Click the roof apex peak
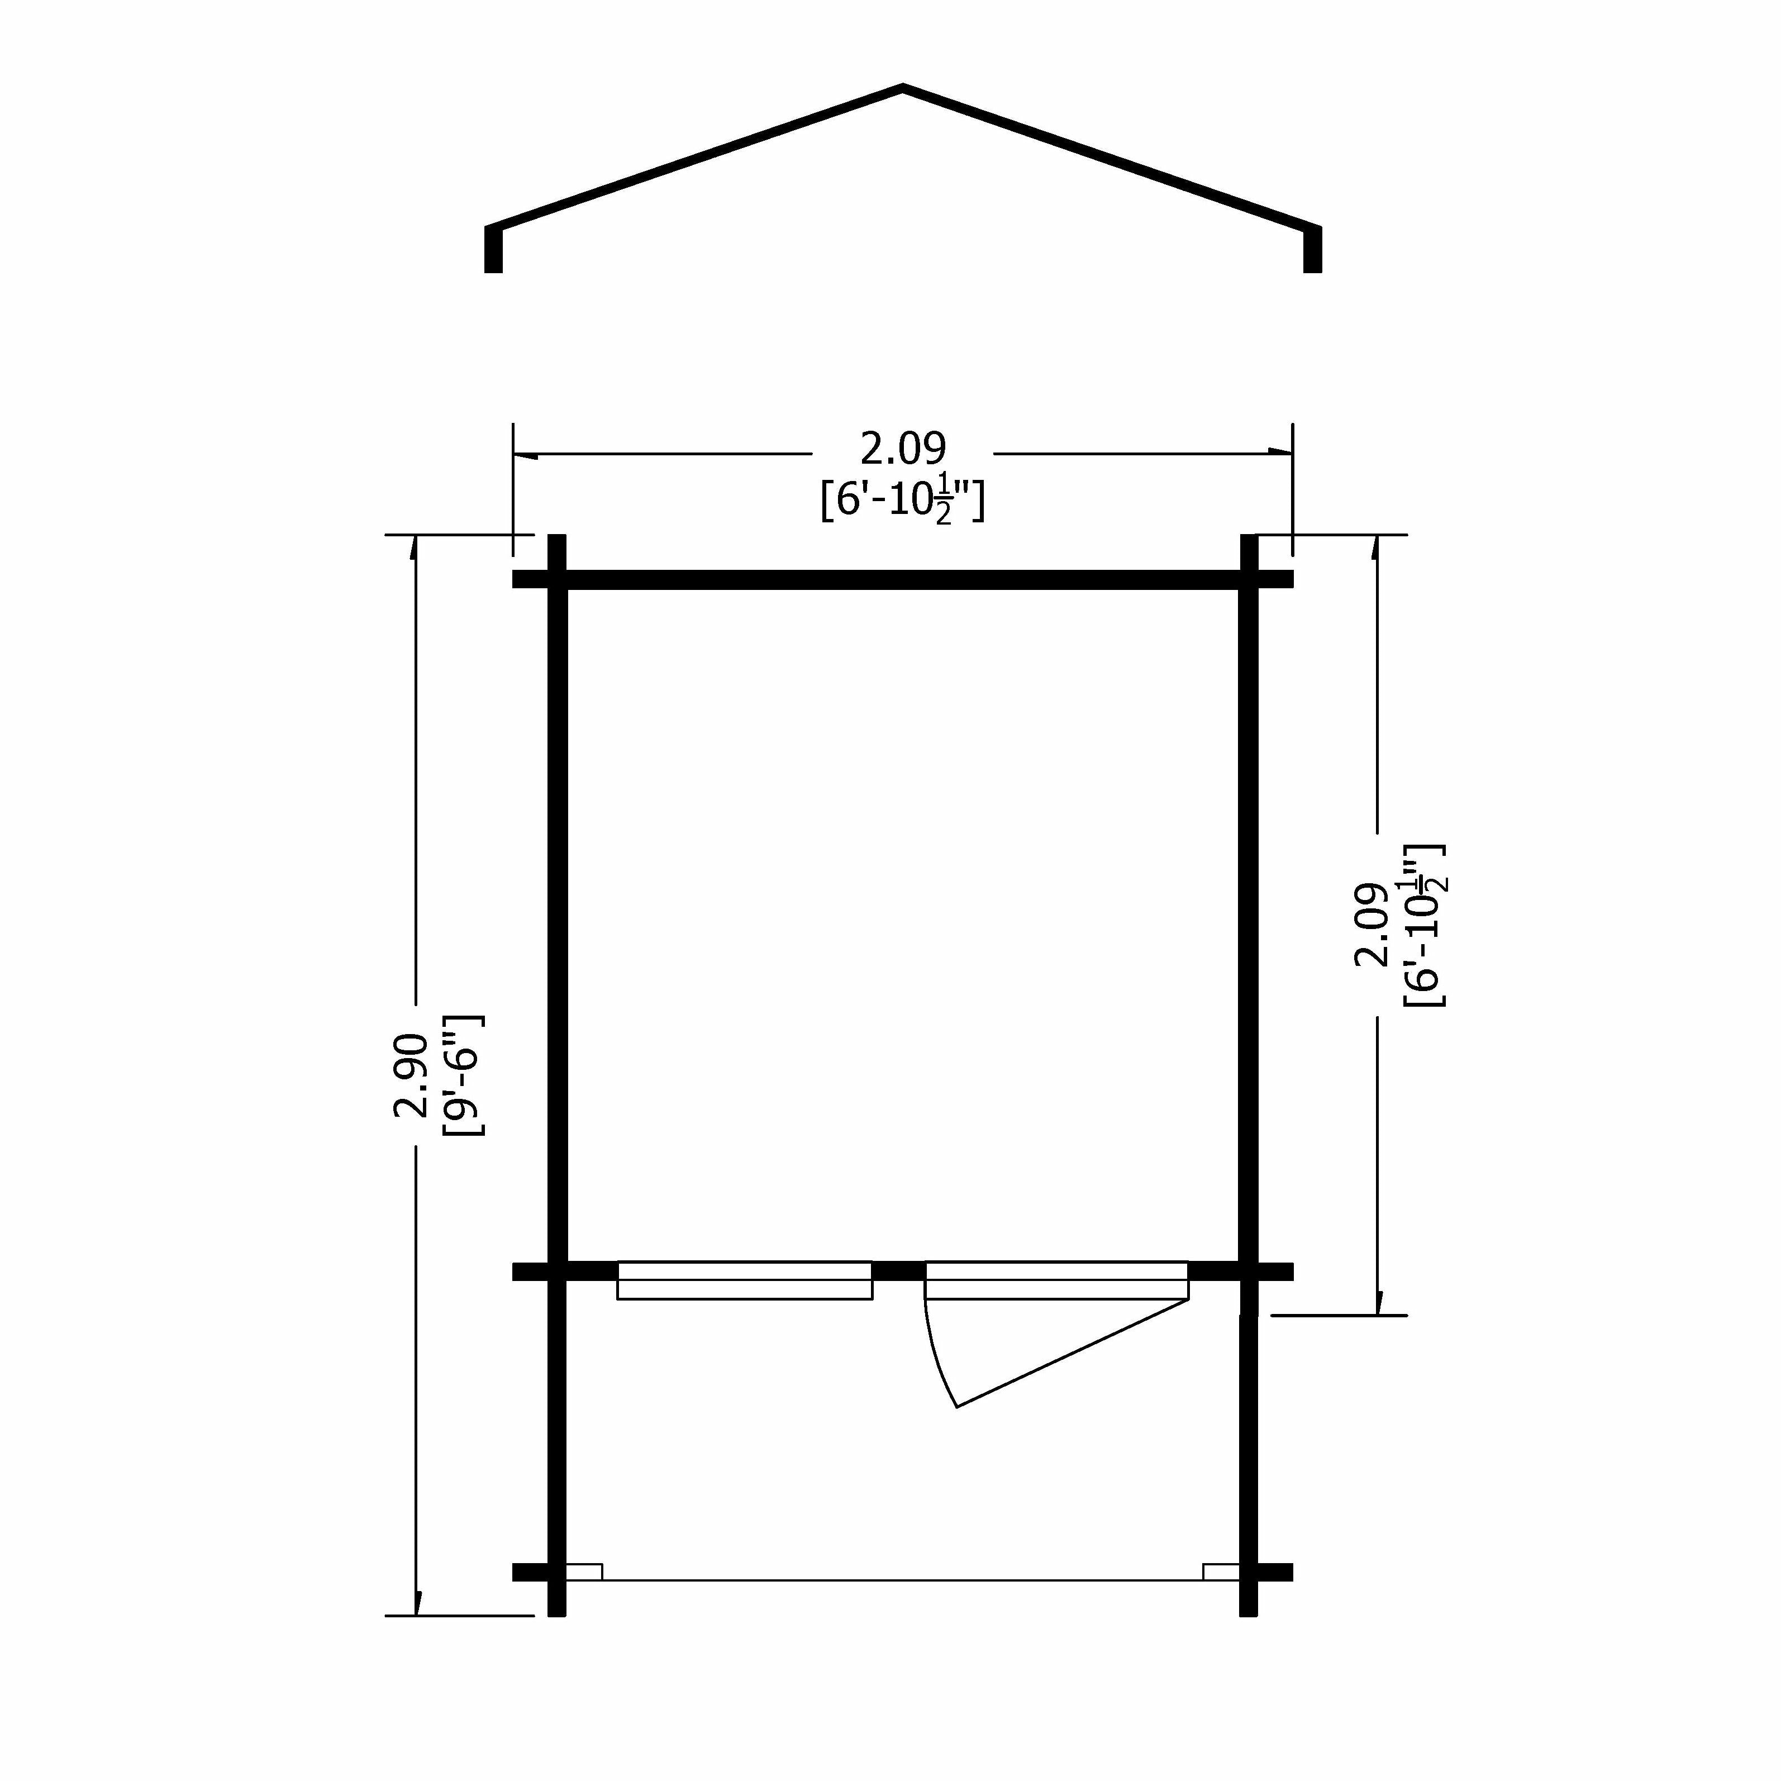click(902, 89)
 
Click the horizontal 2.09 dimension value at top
click(902, 449)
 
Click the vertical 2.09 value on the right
click(1371, 925)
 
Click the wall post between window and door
click(899, 1271)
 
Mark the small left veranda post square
click(584, 1572)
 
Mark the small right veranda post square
click(1221, 1572)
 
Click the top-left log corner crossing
click(557, 579)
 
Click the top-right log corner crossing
click(1249, 579)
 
